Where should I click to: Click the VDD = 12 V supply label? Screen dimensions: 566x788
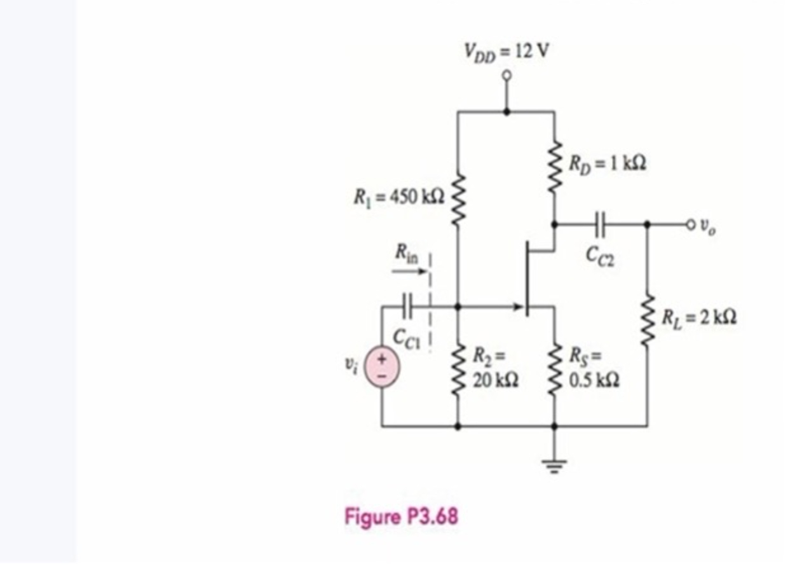point(506,50)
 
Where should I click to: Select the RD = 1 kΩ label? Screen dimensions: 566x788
point(608,163)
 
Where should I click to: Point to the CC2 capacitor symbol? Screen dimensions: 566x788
point(600,224)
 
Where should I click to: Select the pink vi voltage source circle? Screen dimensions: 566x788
point(382,367)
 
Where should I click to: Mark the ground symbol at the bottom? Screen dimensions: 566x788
point(554,467)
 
